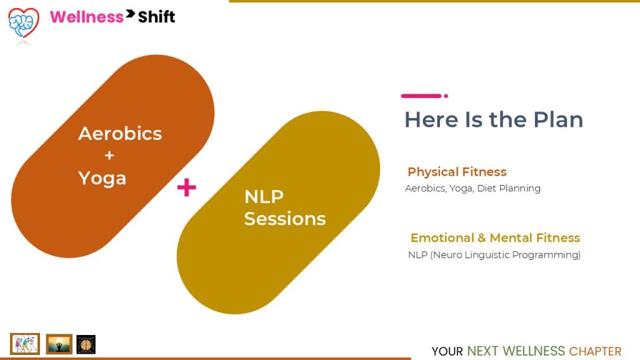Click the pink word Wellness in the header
point(86,17)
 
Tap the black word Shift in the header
point(156,17)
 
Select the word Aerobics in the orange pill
point(120,134)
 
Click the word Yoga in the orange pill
point(102,179)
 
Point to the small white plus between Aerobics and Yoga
point(109,156)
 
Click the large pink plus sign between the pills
point(186,187)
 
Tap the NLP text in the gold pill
point(264,197)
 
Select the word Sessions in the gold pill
point(285,219)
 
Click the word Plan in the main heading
point(558,119)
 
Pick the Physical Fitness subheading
point(457,172)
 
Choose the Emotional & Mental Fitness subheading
point(495,237)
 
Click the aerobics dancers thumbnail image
point(25,344)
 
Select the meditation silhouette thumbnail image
point(59,344)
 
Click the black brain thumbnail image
point(86,344)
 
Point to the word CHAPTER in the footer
point(595,351)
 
